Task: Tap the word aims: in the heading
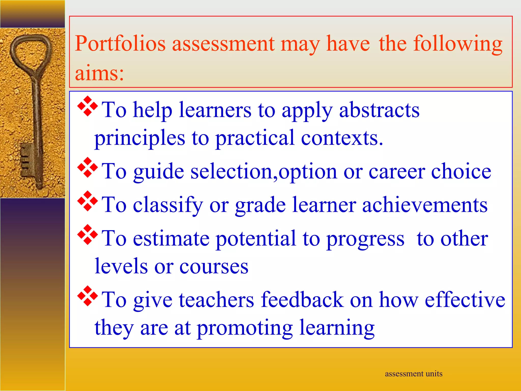[x=99, y=73]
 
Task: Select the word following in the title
[x=458, y=44]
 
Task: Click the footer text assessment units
[x=413, y=374]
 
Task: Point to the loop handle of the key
[x=31, y=51]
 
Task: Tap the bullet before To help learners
[x=88, y=106]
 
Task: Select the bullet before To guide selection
[x=88, y=167]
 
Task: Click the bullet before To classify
[x=88, y=201]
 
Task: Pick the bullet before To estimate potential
[x=88, y=234]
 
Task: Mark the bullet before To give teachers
[x=88, y=296]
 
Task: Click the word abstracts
[x=379, y=110]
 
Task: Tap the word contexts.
[x=342, y=138]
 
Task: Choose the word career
[x=397, y=171]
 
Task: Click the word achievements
[x=425, y=205]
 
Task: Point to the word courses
[x=214, y=267]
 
